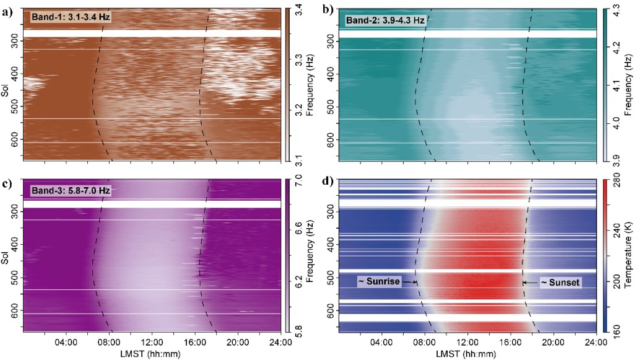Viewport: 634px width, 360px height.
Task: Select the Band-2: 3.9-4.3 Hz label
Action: [x=384, y=20]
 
